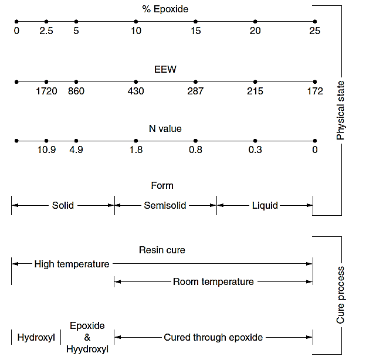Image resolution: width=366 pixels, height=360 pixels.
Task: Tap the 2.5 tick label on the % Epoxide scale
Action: [46, 31]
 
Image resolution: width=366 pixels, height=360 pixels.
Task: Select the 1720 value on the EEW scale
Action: [46, 91]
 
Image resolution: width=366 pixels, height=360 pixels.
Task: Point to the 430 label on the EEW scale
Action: [135, 91]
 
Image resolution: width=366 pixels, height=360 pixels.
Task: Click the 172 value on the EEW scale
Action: [315, 91]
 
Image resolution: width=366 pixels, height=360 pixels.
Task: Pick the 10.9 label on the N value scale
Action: [46, 150]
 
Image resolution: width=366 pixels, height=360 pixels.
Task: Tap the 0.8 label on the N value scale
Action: [195, 150]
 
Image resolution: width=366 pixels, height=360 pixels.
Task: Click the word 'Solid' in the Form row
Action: [63, 206]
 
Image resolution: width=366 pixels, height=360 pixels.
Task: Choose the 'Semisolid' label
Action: [165, 206]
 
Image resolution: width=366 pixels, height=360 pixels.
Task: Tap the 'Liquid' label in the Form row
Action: [265, 206]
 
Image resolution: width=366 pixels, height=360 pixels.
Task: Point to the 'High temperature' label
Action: [72, 264]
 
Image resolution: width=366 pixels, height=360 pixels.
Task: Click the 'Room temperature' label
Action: [213, 282]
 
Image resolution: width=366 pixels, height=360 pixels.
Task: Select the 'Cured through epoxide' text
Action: [213, 337]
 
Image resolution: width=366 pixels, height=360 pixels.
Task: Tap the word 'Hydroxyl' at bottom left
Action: [36, 337]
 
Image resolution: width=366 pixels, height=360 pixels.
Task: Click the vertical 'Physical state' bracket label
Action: [341, 110]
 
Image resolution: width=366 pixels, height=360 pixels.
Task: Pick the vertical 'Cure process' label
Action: [341, 296]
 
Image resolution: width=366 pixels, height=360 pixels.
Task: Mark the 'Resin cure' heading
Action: [162, 250]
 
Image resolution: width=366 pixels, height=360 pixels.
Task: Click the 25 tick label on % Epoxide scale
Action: [315, 31]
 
